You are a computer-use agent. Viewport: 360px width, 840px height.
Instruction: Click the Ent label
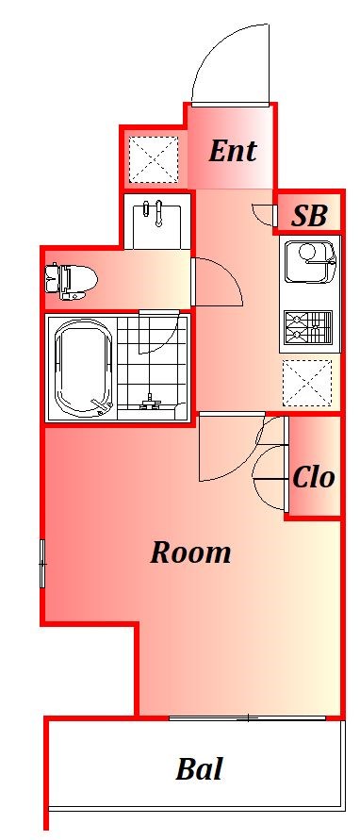[x=233, y=151]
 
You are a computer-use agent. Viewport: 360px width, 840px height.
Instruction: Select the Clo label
[x=314, y=476]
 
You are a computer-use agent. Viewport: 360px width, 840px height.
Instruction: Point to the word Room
[x=190, y=552]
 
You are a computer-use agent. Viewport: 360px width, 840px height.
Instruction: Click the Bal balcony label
[x=199, y=768]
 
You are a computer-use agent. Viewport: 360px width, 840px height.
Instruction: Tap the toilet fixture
[x=72, y=280]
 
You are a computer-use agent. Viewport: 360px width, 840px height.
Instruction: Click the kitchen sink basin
[x=310, y=262]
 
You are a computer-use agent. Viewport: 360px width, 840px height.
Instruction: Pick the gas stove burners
[x=308, y=328]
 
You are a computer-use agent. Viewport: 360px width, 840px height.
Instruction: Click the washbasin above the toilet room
[x=157, y=221]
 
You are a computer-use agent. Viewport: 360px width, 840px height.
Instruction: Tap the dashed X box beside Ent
[x=154, y=159]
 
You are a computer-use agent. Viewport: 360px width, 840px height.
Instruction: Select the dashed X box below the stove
[x=307, y=383]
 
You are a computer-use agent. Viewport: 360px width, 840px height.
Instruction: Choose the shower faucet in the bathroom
[x=151, y=402]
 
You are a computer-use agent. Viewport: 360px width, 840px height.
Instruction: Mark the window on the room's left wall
[x=42, y=564]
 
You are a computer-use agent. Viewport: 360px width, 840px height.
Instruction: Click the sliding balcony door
[x=248, y=717]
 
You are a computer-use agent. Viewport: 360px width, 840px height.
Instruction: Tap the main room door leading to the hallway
[x=232, y=446]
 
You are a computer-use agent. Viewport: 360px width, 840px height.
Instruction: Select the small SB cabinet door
[x=264, y=214]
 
